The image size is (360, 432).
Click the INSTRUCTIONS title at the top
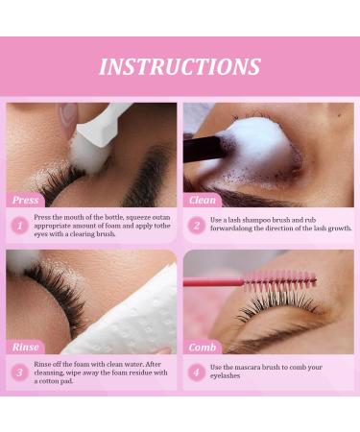pos(180,66)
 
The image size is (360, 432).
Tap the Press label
pos(26,201)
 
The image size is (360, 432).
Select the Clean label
pos(203,201)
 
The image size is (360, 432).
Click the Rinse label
pos(26,347)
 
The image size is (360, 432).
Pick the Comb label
pos(203,347)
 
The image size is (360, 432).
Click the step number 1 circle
pos(19,226)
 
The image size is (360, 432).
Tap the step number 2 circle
pos(196,226)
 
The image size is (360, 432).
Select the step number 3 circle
pos(19,372)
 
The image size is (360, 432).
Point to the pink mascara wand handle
pos(211,283)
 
